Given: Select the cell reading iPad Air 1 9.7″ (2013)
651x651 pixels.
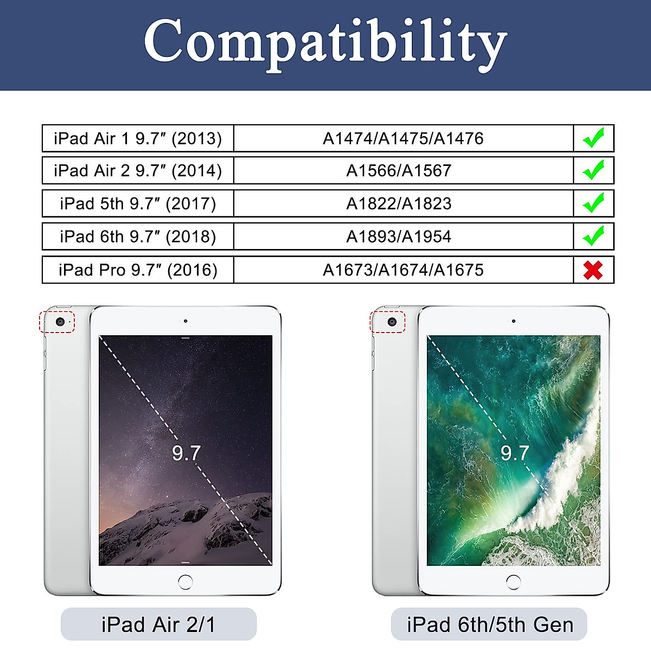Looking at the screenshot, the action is point(138,138).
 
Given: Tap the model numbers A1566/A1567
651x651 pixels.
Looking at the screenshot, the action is point(399,170).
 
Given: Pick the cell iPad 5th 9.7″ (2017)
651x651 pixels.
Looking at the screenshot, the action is point(138,203).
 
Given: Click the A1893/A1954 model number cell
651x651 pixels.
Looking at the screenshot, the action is point(404,236).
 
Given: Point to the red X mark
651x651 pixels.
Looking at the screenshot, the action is point(593,270).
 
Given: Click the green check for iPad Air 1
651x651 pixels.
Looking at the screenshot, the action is point(593,137).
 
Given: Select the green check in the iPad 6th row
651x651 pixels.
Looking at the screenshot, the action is point(593,235).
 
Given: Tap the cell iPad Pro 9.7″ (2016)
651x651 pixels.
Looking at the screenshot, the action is point(138,270).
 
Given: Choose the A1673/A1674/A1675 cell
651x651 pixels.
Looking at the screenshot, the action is point(404,270).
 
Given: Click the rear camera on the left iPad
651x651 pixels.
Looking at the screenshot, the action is point(60,322).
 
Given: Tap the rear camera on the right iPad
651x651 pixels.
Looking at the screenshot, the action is point(392,322).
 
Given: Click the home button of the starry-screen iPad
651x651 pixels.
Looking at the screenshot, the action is point(186,582).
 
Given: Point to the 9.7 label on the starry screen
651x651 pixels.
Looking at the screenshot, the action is point(186,453).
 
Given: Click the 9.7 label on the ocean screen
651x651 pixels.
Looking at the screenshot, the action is point(514,453).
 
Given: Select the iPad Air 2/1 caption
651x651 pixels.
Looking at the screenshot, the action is point(158,624).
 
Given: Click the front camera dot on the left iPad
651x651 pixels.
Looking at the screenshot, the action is point(186,321).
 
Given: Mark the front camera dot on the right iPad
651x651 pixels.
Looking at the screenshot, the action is point(514,321).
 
